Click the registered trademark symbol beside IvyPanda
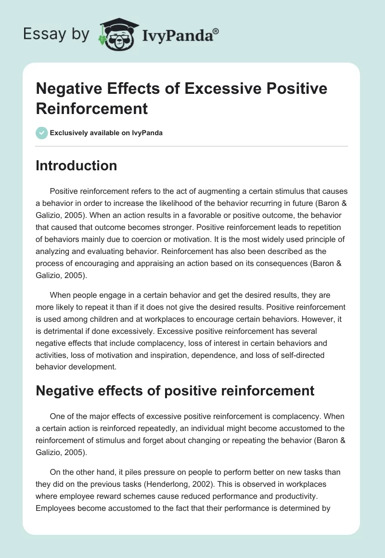(216, 31)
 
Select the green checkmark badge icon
(42, 133)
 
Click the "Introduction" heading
(77, 165)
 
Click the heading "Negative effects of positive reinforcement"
(175, 391)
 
